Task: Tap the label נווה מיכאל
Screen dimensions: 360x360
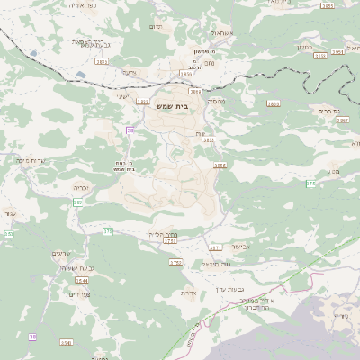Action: (215, 264)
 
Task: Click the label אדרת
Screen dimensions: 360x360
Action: (187, 292)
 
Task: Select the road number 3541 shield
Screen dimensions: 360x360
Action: (66, 342)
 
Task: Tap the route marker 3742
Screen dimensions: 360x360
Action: (175, 263)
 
